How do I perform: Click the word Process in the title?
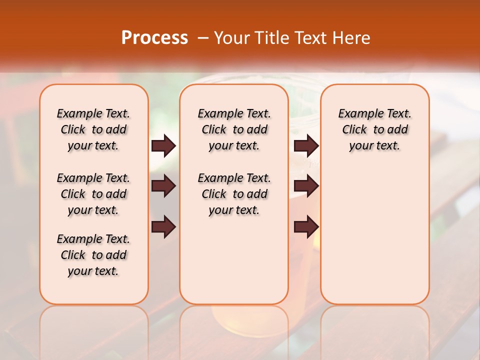[x=154, y=37]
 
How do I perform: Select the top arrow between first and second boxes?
[x=163, y=146]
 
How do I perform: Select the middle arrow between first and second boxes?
[x=163, y=186]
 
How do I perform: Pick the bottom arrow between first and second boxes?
[x=163, y=226]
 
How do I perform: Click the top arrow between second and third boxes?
[x=306, y=146]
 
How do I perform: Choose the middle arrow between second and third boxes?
[x=306, y=186]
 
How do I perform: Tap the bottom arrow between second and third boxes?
[x=306, y=226]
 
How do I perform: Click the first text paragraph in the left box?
[x=93, y=129]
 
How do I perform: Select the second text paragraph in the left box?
[x=93, y=194]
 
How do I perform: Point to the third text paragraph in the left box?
[x=93, y=255]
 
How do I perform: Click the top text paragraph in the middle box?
[x=234, y=129]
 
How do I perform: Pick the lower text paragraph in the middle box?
[x=234, y=194]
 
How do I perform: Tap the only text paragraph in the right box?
[x=374, y=129]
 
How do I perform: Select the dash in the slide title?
[x=202, y=38]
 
